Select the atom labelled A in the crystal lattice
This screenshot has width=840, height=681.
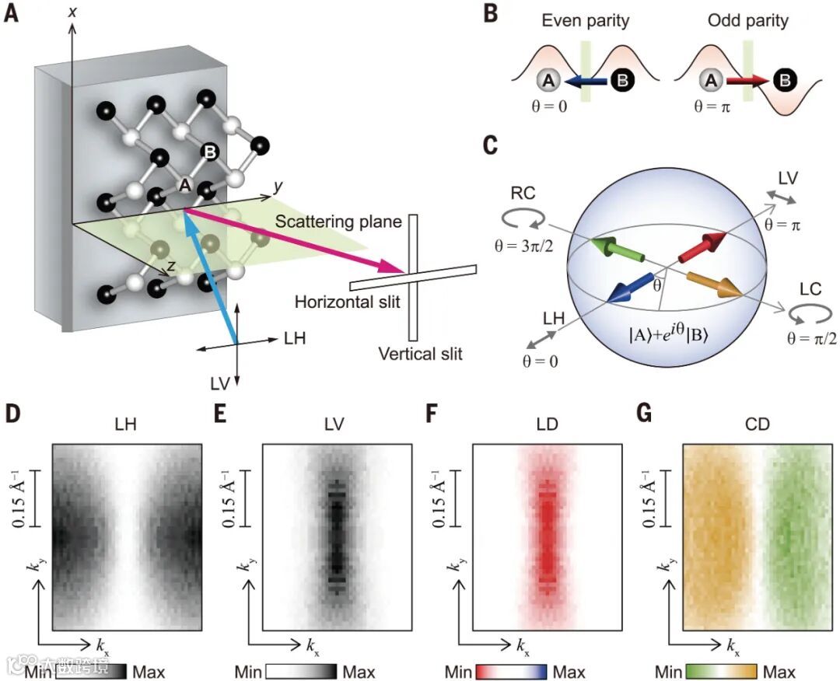184,185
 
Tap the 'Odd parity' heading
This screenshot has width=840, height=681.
747,20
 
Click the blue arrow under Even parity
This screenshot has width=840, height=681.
584,80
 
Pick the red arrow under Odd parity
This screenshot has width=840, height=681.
747,80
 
